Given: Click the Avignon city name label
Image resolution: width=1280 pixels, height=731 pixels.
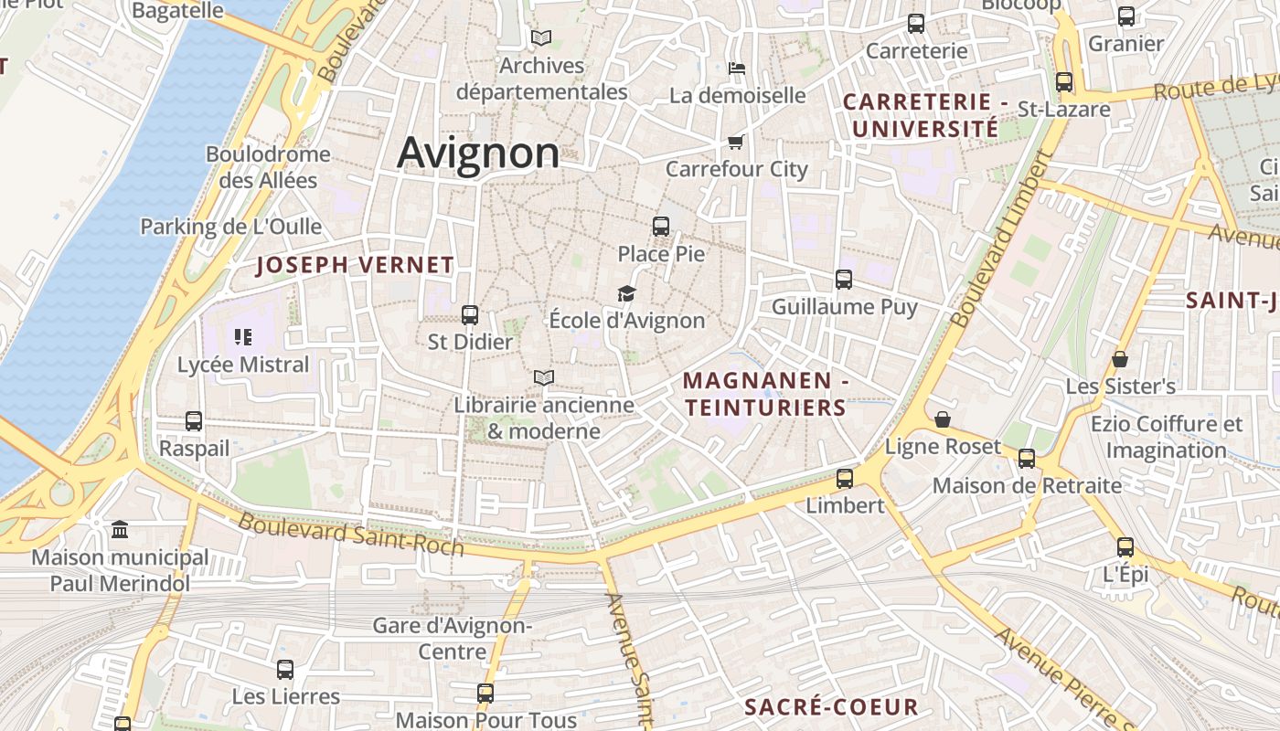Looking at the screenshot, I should click(x=478, y=153).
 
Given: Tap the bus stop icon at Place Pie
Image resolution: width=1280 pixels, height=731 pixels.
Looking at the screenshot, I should click(x=661, y=227).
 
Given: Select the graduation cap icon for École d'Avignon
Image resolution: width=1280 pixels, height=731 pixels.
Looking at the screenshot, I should click(x=626, y=293).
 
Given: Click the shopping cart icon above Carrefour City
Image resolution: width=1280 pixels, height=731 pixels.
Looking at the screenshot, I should click(x=736, y=142).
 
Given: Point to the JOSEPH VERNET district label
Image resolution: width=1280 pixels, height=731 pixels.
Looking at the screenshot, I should click(x=355, y=266).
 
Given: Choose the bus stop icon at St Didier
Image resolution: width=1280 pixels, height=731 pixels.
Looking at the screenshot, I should click(x=470, y=315).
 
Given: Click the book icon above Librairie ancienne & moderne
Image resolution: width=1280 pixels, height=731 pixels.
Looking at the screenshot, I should click(x=544, y=377).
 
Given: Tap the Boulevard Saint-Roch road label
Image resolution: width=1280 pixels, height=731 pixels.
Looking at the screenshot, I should click(x=351, y=534).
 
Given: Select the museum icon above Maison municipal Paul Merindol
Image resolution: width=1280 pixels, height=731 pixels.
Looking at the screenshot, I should click(x=120, y=530).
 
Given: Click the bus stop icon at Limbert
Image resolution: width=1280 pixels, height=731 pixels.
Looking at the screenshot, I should click(x=845, y=478).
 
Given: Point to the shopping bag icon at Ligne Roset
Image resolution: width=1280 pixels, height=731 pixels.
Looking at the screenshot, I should click(x=943, y=419).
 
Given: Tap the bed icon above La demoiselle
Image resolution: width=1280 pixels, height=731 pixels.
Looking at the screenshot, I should click(x=737, y=69).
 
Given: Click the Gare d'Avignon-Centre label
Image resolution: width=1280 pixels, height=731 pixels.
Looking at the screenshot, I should click(x=453, y=639).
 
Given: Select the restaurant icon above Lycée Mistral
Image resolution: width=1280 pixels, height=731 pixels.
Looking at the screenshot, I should click(x=242, y=337).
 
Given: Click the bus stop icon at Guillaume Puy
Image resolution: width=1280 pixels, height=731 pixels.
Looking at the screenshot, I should click(x=844, y=280).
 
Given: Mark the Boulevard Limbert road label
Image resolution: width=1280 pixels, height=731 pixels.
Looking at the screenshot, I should click(x=1003, y=239).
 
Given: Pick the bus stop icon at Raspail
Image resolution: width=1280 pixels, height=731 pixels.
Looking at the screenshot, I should click(x=194, y=421).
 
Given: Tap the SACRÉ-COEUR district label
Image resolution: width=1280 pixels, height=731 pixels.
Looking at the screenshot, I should click(x=831, y=706).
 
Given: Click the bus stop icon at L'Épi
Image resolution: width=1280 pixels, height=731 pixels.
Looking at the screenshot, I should click(x=1125, y=547).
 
